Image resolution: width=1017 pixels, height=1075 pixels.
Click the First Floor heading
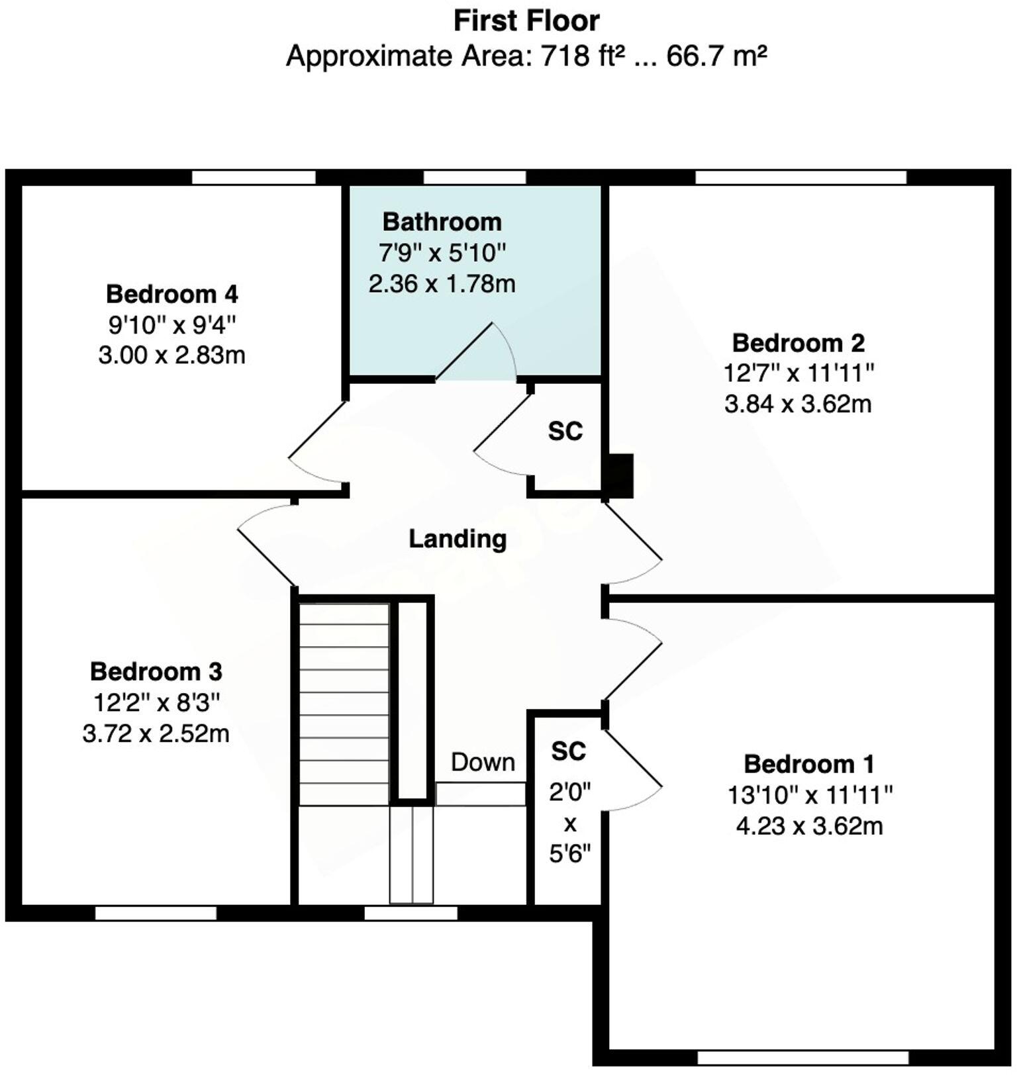click(526, 21)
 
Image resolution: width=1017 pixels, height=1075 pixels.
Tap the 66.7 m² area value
click(716, 56)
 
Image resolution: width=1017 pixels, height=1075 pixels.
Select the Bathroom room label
click(442, 222)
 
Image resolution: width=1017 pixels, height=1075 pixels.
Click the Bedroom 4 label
click(171, 294)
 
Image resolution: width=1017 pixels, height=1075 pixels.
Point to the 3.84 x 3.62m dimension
click(798, 404)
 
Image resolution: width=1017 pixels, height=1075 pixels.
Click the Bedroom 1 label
click(809, 764)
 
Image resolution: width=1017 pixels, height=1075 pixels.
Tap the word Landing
click(458, 539)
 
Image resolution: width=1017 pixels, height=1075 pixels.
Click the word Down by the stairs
click(483, 763)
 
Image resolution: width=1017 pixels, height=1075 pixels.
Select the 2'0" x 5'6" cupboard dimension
click(569, 823)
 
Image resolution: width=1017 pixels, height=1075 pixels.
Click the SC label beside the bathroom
click(565, 432)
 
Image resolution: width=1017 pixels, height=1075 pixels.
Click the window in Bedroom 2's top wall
click(800, 177)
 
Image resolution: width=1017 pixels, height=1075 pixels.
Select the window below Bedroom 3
click(156, 913)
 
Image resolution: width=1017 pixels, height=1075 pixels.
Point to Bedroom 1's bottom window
click(803, 1058)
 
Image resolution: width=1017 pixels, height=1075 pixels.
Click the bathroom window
click(474, 177)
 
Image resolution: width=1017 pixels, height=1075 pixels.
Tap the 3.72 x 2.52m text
click(156, 734)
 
